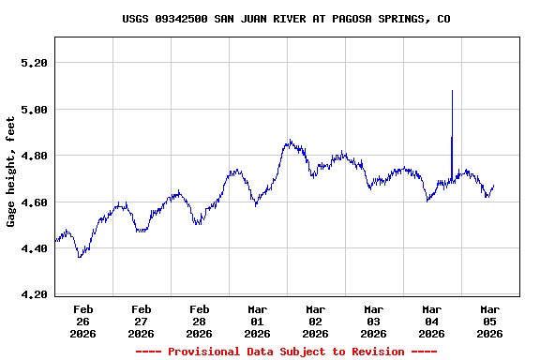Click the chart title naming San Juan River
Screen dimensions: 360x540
(286, 19)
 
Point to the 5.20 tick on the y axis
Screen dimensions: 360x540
(34, 63)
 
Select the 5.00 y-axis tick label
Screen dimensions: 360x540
(34, 110)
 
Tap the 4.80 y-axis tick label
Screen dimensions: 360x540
(34, 156)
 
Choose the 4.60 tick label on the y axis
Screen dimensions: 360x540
(34, 202)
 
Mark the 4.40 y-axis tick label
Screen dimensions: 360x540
(34, 248)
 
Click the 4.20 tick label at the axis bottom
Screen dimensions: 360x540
(34, 295)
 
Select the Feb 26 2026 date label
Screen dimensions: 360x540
(83, 322)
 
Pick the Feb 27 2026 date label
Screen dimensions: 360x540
(142, 322)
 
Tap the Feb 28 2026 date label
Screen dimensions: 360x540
(200, 322)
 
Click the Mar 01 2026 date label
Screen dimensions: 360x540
(258, 322)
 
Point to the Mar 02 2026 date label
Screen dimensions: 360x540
(316, 322)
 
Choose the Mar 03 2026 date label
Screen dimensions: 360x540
(374, 322)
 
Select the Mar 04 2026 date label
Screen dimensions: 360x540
(432, 322)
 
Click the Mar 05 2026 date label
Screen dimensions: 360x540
(490, 322)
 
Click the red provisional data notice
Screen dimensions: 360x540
(286, 352)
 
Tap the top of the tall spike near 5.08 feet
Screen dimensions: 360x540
(452, 91)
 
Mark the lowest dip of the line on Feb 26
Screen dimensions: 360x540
(80, 256)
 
